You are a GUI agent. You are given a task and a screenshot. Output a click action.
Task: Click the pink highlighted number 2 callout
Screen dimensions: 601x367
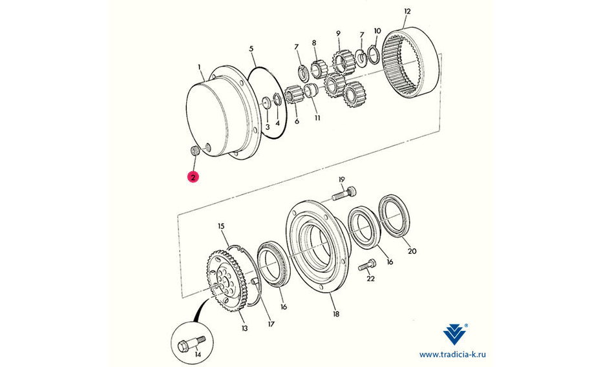(193, 177)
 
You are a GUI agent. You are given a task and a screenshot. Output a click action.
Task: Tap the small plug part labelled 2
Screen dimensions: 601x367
(195, 151)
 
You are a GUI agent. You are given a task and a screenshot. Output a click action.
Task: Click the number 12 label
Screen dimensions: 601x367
(407, 12)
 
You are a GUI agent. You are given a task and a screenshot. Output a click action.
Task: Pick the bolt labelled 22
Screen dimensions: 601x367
(367, 265)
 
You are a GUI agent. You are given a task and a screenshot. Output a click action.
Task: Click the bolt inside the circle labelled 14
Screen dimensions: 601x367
(192, 344)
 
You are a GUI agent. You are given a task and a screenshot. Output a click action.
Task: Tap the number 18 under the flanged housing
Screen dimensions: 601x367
(336, 314)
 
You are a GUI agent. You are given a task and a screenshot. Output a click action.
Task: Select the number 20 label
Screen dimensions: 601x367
(412, 251)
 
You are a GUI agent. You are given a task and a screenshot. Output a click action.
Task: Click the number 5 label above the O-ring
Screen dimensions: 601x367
(251, 48)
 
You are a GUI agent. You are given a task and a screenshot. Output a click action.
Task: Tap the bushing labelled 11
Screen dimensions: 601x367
(310, 90)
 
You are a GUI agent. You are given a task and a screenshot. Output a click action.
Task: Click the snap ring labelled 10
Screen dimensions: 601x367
(374, 52)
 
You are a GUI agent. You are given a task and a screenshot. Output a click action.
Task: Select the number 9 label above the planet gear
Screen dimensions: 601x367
(338, 34)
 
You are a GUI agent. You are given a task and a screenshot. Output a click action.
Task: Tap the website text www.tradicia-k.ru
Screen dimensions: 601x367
(452, 355)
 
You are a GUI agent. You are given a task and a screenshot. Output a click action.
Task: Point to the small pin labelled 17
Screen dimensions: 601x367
(254, 283)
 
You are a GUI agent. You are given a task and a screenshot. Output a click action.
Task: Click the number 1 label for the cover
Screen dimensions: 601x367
(199, 67)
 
